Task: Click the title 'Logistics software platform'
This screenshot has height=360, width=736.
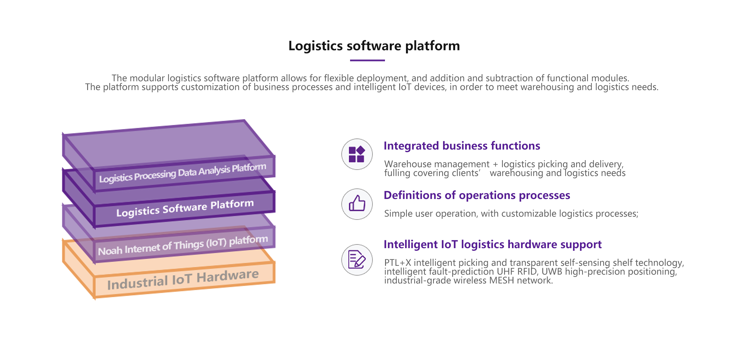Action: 374,46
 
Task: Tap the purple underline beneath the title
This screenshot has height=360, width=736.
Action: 367,60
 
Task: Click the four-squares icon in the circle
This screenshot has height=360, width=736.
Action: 357,154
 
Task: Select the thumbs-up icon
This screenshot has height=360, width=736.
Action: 357,204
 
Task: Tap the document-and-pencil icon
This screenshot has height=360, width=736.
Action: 357,259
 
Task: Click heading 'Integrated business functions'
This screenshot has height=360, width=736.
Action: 462,146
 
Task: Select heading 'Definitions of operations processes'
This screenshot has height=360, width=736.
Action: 477,195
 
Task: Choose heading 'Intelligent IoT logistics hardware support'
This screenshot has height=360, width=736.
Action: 492,245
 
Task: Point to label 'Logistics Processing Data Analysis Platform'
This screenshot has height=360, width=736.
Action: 183,173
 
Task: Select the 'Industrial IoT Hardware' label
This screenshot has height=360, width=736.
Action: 183,280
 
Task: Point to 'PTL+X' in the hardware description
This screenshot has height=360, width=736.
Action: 397,263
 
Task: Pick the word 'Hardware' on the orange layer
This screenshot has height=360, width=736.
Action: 228,276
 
